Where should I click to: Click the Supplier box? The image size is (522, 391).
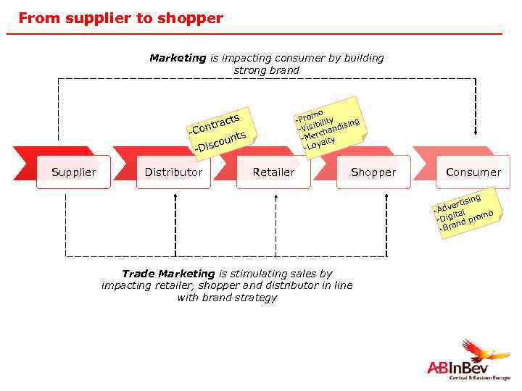(73, 172)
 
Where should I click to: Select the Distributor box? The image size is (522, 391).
(173, 172)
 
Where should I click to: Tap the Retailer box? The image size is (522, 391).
(273, 172)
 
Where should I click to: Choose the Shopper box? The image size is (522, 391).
(373, 172)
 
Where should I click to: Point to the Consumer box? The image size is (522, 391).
(473, 172)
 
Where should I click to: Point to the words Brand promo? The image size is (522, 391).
(468, 220)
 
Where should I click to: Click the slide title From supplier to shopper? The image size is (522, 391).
(120, 18)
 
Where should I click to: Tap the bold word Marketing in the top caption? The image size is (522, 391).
(178, 58)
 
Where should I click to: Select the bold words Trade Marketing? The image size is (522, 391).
(168, 274)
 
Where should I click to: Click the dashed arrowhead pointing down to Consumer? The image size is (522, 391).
(474, 132)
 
